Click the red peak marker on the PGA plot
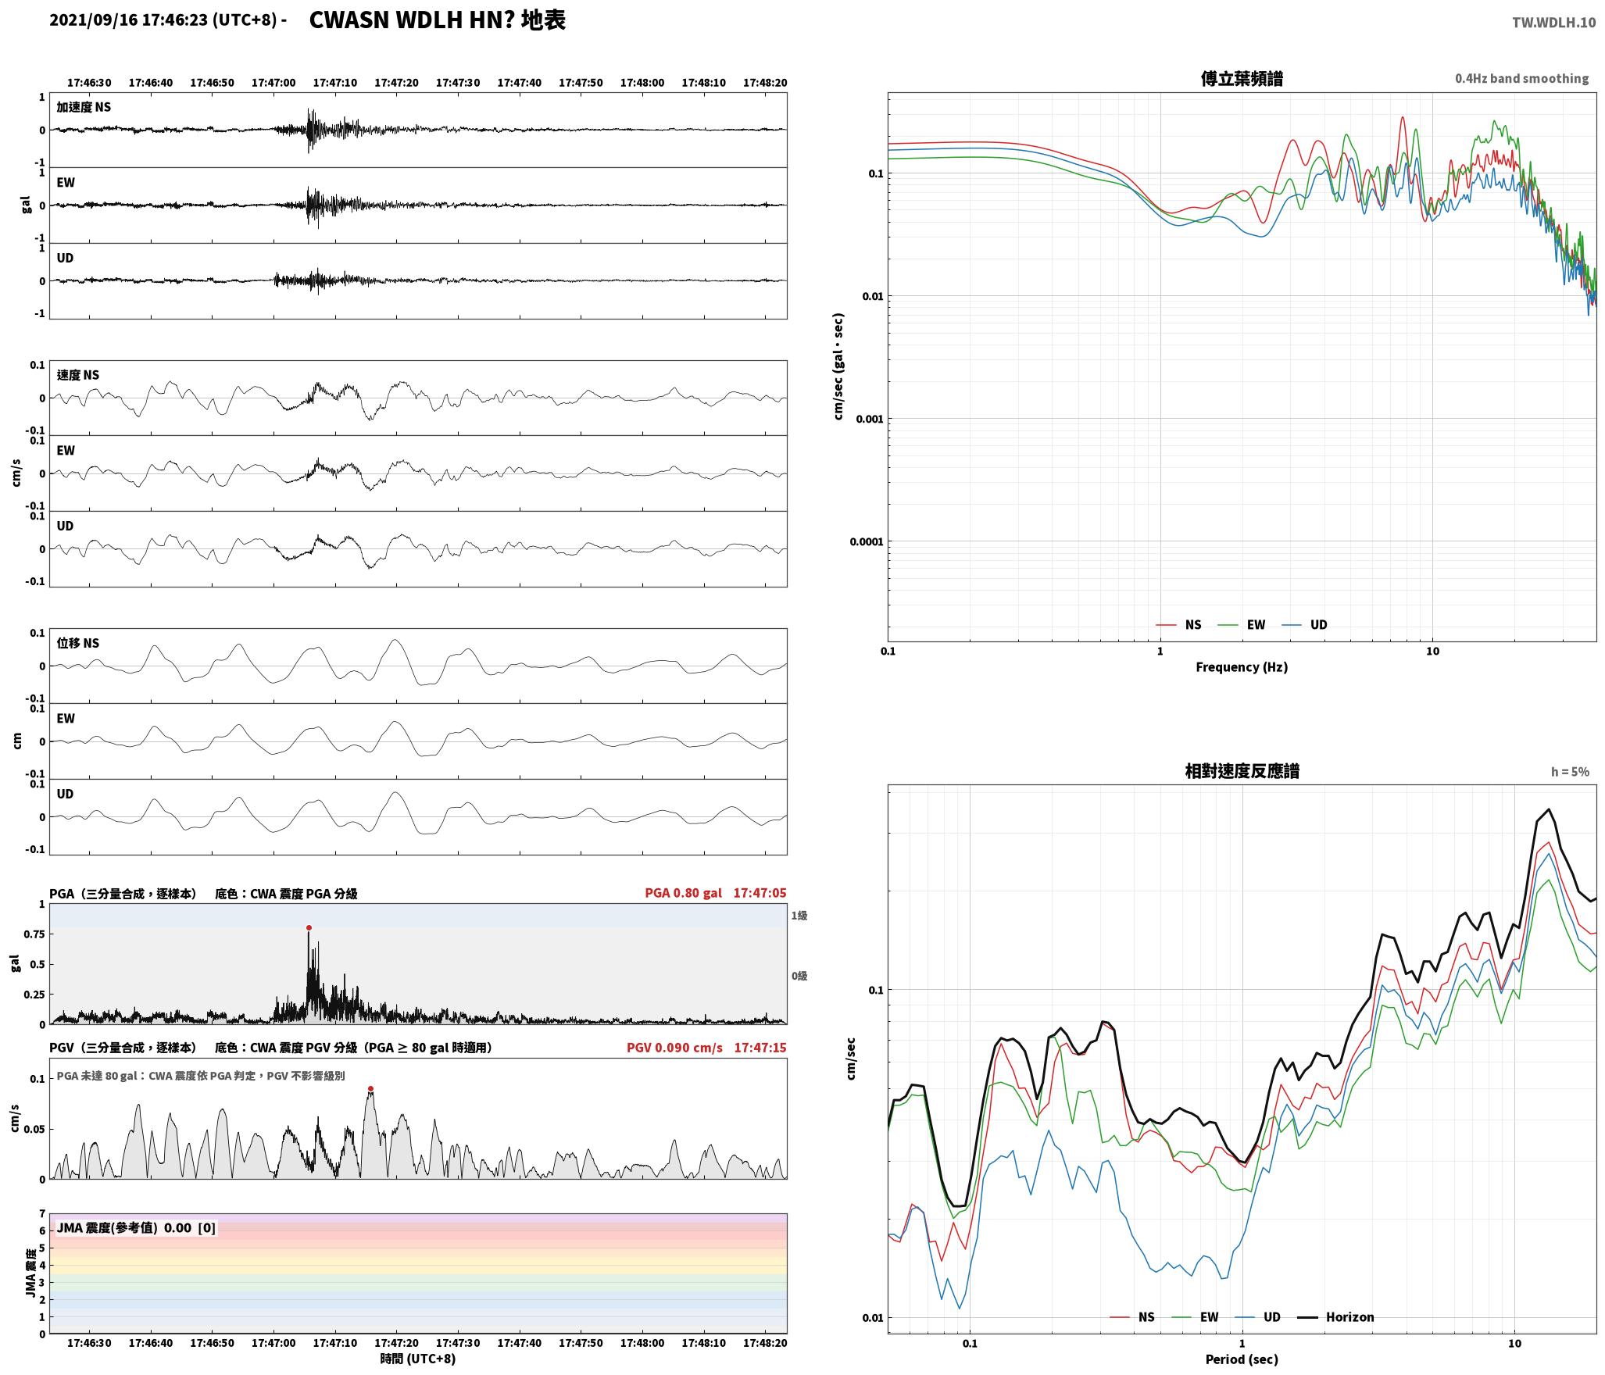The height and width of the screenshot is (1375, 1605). pos(309,928)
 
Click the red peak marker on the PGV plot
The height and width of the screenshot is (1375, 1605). pos(370,1089)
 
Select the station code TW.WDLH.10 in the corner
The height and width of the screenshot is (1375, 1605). pos(1553,23)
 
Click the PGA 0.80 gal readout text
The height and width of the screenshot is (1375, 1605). pos(683,893)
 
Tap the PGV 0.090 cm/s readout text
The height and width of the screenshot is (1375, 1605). pos(674,1048)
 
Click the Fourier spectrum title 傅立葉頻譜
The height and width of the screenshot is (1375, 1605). pos(1242,79)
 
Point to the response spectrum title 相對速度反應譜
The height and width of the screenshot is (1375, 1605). pos(1242,771)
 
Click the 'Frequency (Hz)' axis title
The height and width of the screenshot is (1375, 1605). pos(1242,667)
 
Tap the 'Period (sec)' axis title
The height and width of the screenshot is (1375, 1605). pos(1242,1359)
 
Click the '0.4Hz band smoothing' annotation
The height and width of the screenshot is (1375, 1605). pos(1521,79)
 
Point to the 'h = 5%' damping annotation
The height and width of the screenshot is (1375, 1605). pos(1570,772)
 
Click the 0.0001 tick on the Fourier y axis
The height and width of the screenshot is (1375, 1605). pos(866,541)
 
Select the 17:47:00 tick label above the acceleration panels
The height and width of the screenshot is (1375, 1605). pos(273,83)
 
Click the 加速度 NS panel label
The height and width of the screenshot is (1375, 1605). pos(84,107)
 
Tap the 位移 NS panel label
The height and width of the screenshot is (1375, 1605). pos(78,643)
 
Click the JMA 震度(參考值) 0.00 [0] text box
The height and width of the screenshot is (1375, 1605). pos(136,1228)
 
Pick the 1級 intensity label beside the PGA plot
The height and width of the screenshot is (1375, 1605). pos(799,916)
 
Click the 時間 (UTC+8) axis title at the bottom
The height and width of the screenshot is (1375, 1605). pos(418,1359)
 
